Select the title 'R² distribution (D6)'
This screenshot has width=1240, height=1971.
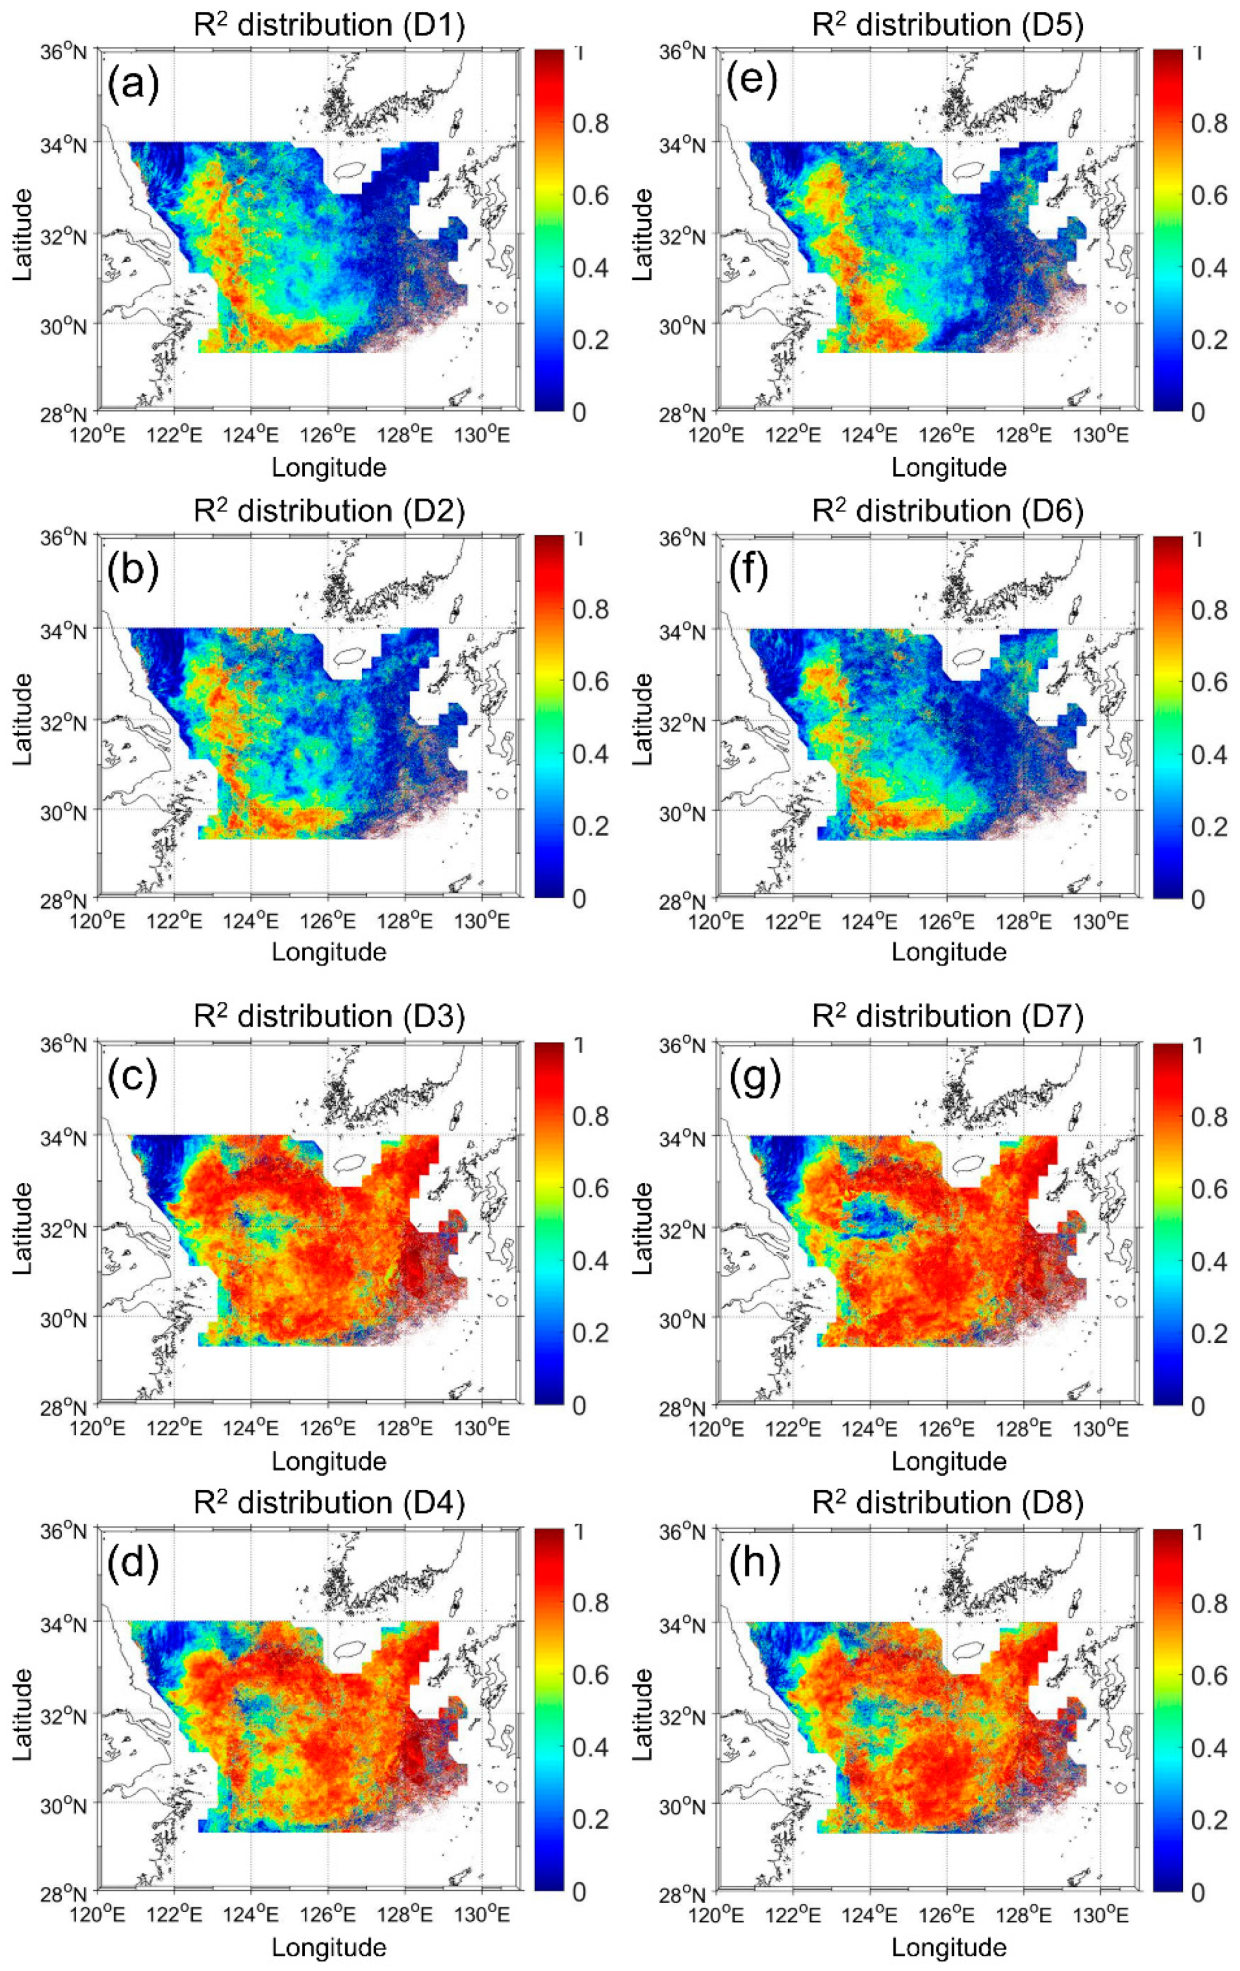coord(948,511)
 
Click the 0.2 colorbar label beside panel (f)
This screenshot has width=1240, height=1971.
coord(1209,827)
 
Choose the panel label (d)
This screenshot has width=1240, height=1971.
coord(133,1563)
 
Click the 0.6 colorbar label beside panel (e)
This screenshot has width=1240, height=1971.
coord(1209,196)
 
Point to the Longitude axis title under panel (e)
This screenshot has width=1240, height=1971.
coord(948,468)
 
